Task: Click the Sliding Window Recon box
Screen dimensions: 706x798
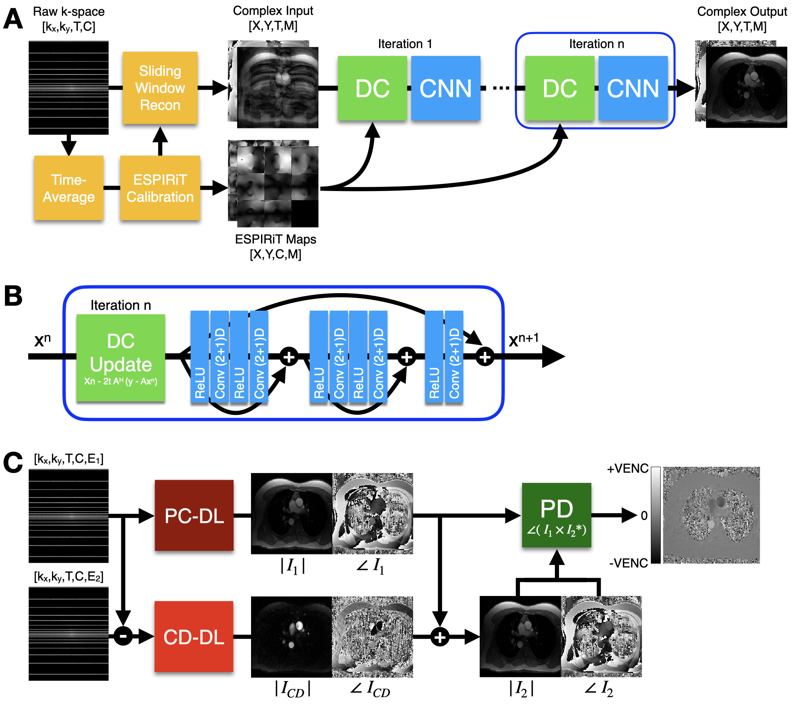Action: [160, 88]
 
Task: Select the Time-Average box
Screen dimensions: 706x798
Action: [69, 188]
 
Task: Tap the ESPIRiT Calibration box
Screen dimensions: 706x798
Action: [160, 188]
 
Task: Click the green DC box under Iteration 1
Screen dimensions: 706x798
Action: [372, 88]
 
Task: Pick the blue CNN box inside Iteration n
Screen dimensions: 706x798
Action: [633, 88]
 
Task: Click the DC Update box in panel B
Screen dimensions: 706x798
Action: [121, 358]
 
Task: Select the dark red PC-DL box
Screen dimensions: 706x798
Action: [194, 515]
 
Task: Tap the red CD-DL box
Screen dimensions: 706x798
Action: [194, 636]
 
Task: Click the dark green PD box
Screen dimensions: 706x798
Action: [557, 515]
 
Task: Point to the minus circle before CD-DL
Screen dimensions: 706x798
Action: [123, 636]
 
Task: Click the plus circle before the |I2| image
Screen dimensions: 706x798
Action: [440, 637]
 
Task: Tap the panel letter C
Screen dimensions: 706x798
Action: [13, 462]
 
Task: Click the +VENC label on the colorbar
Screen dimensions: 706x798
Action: [628, 469]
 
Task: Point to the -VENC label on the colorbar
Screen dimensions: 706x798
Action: [628, 563]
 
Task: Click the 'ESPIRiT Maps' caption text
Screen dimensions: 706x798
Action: [276, 239]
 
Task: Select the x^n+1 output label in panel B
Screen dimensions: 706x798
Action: [524, 340]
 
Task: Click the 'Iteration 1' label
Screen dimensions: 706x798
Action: [405, 44]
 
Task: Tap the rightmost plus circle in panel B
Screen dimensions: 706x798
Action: [485, 357]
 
